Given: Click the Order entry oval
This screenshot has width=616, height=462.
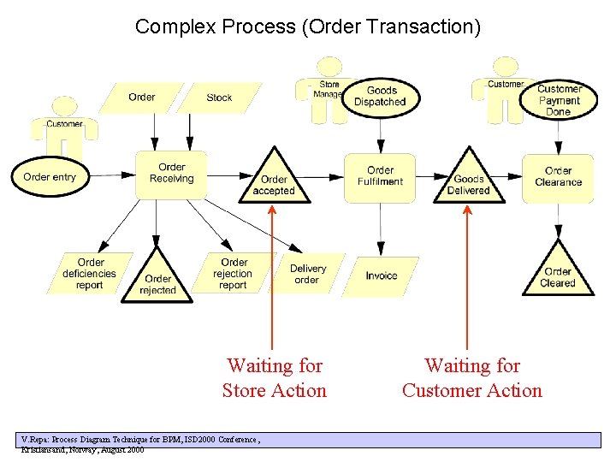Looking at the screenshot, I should [x=50, y=177].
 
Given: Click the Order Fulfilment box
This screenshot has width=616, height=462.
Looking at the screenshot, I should [x=380, y=177].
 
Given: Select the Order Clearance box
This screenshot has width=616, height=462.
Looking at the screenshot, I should [x=558, y=177].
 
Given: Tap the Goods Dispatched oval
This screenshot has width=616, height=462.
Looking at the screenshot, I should [x=380, y=96].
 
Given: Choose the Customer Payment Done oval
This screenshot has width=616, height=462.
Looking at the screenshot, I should [x=558, y=100].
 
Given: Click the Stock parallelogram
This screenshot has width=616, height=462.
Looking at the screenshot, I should [x=219, y=98].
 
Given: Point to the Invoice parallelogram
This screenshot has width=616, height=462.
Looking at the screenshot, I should [x=382, y=275].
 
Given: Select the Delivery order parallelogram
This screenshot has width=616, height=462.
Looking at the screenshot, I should [x=306, y=274].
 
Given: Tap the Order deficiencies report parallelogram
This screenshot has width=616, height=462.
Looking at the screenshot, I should [x=90, y=274].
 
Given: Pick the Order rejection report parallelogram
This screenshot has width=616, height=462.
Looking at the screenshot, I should [x=233, y=274].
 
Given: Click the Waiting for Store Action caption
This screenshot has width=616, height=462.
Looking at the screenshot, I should [x=274, y=378].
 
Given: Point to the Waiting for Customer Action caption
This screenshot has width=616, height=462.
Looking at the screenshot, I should [x=471, y=378].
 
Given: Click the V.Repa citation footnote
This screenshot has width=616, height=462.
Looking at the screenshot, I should [x=141, y=443].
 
